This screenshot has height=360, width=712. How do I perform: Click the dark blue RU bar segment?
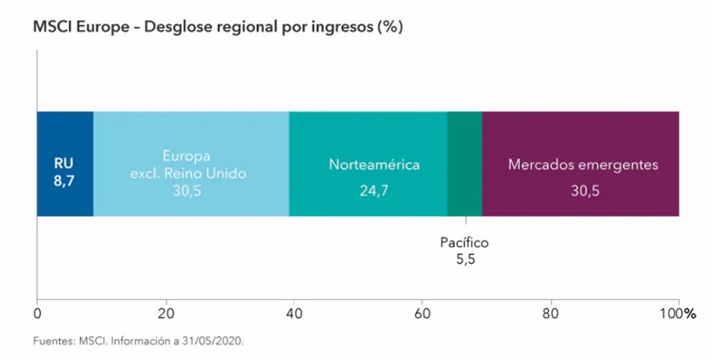pyautogui.click(x=64, y=137)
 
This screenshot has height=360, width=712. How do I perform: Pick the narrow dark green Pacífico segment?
pyautogui.click(x=465, y=163)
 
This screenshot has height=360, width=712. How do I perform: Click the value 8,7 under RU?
pyautogui.click(x=64, y=180)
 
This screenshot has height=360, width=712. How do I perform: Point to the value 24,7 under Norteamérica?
pyautogui.click(x=374, y=190)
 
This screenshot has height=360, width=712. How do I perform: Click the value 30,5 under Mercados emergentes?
pyautogui.click(x=582, y=190)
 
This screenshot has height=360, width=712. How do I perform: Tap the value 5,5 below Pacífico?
pyautogui.click(x=465, y=258)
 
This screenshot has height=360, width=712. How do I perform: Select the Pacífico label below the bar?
pyautogui.click(x=465, y=242)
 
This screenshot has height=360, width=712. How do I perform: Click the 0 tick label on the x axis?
pyautogui.click(x=37, y=313)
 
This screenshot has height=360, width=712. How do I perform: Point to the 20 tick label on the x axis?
pyautogui.click(x=166, y=313)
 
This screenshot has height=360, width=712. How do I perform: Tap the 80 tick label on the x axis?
pyautogui.click(x=551, y=313)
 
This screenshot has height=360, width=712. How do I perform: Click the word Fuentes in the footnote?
pyautogui.click(x=53, y=341)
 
